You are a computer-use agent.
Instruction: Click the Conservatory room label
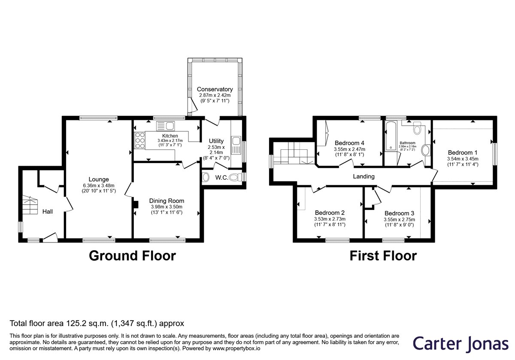tap(215, 89)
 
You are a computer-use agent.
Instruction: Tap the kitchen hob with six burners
tap(140, 140)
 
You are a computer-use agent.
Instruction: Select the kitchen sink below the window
tap(166, 126)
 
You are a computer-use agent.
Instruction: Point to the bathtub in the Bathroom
tap(391, 136)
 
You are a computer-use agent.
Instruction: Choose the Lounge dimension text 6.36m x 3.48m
tap(99, 185)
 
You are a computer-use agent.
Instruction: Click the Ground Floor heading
tap(133, 256)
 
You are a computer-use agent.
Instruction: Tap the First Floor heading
tap(383, 256)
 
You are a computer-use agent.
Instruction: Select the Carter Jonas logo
tap(460, 344)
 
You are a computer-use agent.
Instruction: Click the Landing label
tap(364, 176)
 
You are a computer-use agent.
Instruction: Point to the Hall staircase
tap(30, 205)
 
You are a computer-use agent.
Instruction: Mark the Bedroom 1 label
tap(463, 153)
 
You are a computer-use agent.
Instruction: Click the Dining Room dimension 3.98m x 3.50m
tap(167, 207)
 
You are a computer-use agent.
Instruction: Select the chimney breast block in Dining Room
tap(136, 205)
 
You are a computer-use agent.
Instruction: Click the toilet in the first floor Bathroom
tap(417, 128)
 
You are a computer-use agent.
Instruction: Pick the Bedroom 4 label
tap(349, 143)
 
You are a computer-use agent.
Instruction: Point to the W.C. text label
tap(221, 178)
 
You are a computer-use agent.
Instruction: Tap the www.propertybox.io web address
tap(236, 348)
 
